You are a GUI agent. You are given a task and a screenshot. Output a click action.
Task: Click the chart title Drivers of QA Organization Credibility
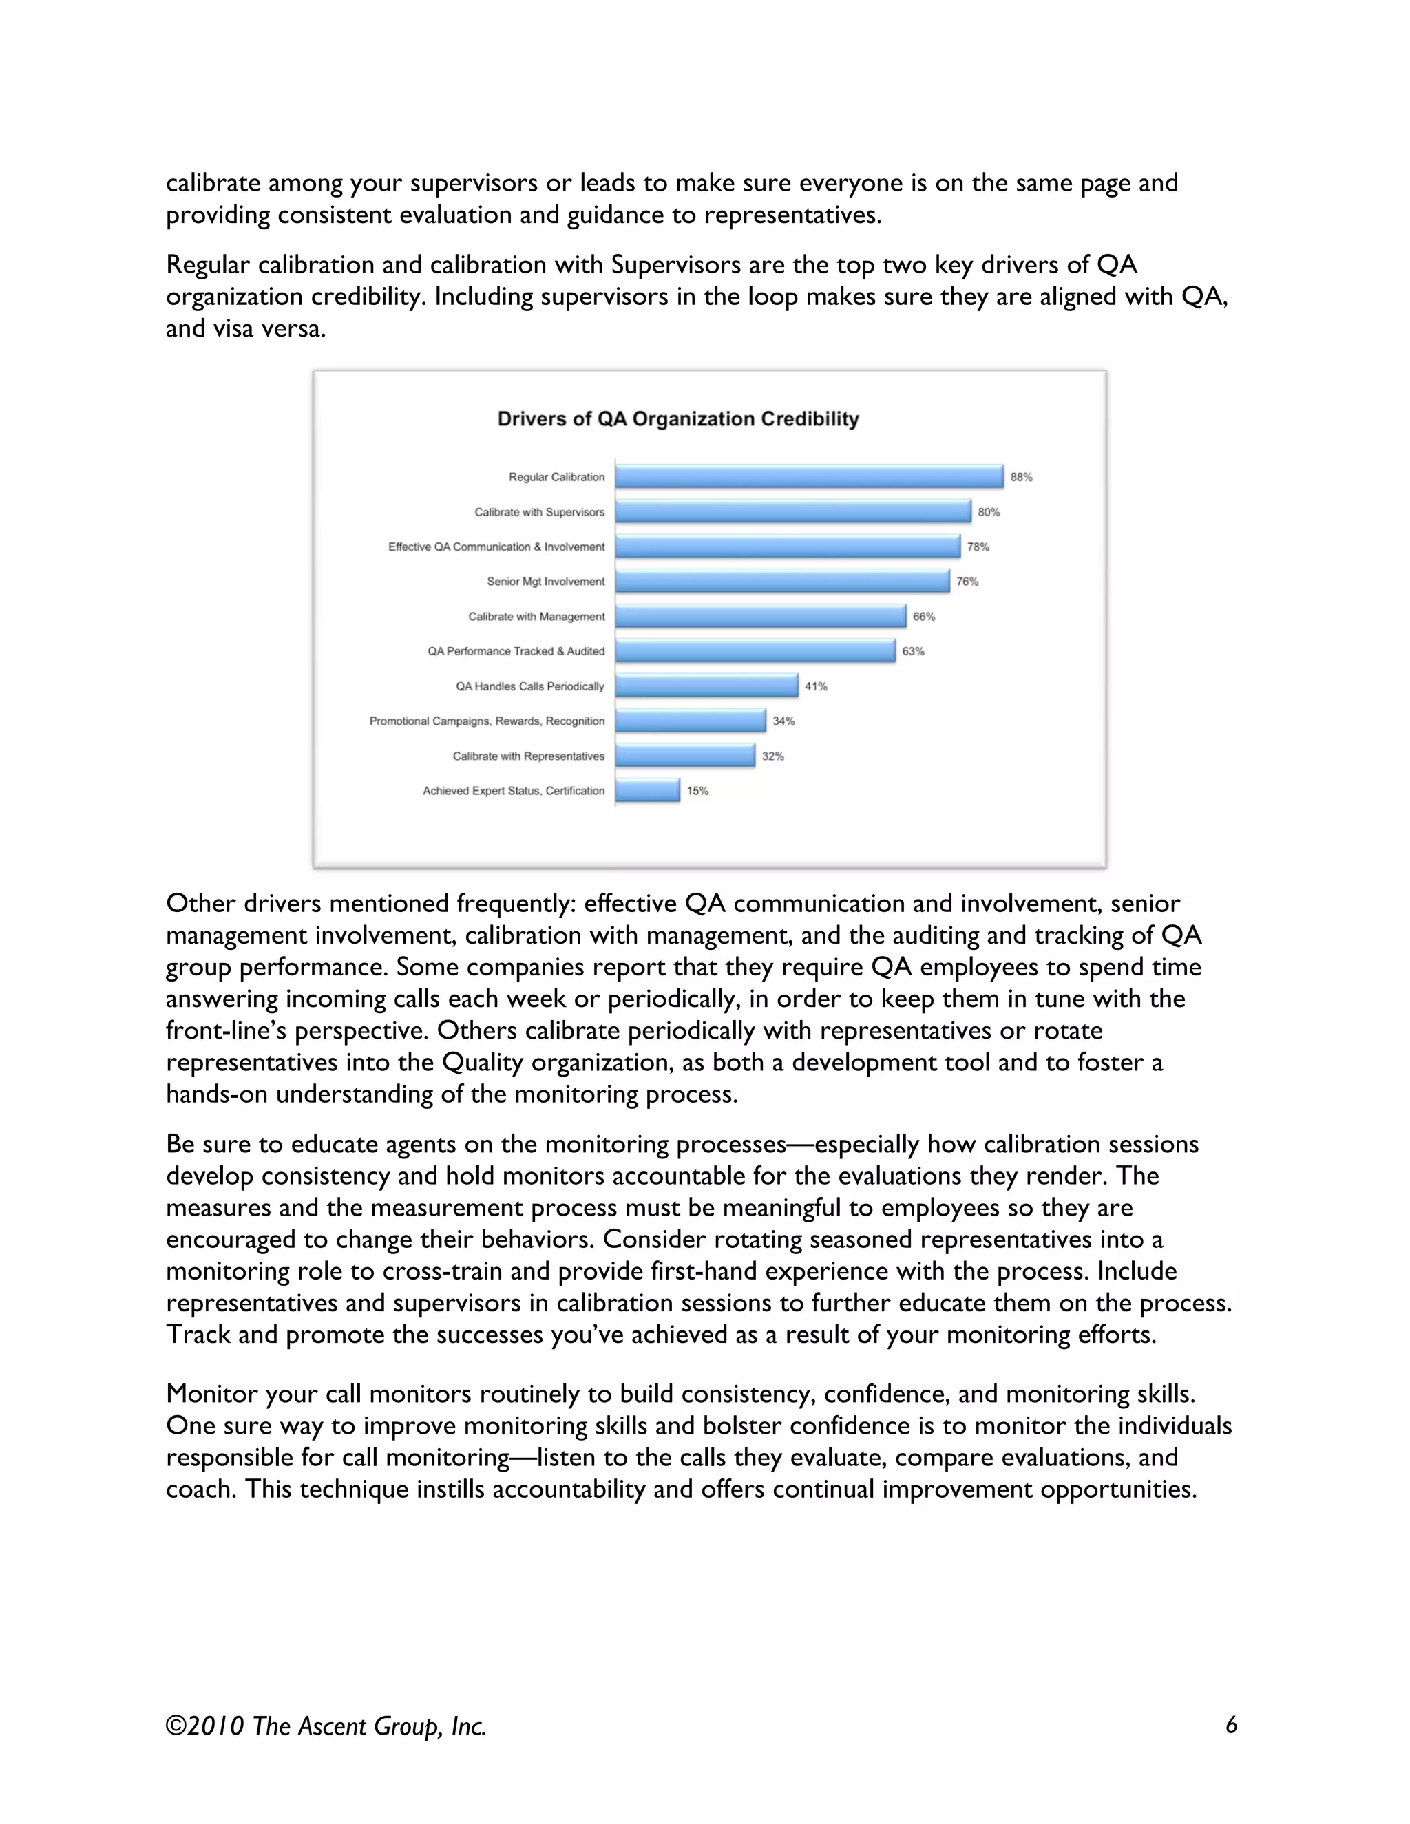[677, 419]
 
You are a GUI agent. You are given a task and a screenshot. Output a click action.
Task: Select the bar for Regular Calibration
[808, 477]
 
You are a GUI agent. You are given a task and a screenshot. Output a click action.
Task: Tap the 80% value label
[988, 512]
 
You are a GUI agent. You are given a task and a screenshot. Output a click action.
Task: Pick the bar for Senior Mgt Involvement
[782, 582]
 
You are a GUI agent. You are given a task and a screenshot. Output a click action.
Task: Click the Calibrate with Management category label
[536, 616]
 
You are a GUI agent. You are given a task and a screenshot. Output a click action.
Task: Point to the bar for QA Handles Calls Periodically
[706, 686]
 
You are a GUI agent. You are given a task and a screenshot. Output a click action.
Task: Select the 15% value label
[697, 791]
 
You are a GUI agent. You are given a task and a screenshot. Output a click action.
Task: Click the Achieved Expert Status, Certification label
[513, 791]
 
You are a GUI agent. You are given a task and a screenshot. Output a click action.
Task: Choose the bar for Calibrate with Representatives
[685, 756]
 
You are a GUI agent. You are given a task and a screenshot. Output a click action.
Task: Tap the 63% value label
[913, 651]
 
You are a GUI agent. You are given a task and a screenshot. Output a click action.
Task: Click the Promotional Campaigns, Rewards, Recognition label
[487, 721]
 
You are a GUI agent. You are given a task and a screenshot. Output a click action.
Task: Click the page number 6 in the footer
[1230, 1726]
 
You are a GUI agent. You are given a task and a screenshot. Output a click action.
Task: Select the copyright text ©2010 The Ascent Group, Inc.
[326, 1726]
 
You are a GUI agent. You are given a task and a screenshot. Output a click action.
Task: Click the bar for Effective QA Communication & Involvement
[788, 547]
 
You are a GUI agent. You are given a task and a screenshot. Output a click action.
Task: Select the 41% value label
[815, 686]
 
